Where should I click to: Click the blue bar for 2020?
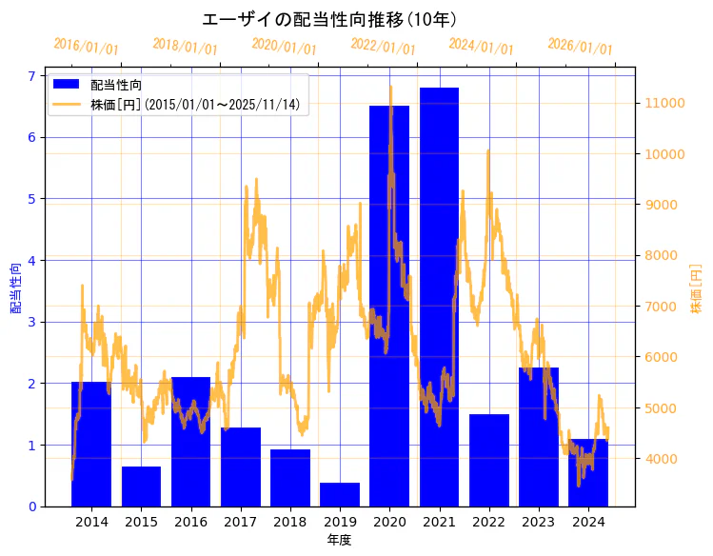(x=389, y=305)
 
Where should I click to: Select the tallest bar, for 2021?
(x=439, y=296)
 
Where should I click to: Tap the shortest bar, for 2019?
(x=340, y=494)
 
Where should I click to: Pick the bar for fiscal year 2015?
(x=141, y=486)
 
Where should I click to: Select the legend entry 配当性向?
(x=116, y=86)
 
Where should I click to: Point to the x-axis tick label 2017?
(x=240, y=522)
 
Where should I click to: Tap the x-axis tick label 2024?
(x=588, y=522)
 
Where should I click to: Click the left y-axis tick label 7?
(x=32, y=76)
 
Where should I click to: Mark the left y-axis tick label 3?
(x=32, y=322)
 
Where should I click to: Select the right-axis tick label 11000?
(x=666, y=103)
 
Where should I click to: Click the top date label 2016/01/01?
(x=87, y=47)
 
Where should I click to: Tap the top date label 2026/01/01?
(x=581, y=47)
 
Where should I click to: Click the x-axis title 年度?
(x=339, y=540)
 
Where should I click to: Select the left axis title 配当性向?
(x=15, y=288)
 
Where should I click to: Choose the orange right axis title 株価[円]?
(x=696, y=290)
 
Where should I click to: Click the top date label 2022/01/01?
(x=383, y=47)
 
